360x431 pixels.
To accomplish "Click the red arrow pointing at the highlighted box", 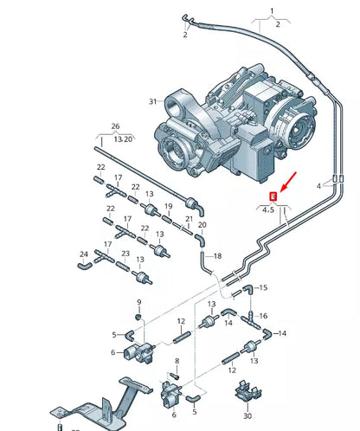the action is click(288, 181).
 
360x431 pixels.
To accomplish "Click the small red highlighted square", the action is click(273, 196).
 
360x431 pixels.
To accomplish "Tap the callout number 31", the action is click(153, 101).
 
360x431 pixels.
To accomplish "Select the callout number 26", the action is click(115, 126).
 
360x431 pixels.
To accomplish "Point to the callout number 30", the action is click(247, 415).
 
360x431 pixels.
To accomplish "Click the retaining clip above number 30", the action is click(248, 391).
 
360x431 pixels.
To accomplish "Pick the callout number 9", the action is click(139, 302).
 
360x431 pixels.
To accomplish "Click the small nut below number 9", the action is click(138, 317).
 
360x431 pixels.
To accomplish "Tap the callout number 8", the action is click(177, 361).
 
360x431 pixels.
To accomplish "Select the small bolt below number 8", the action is click(174, 376).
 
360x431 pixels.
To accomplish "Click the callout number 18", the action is click(217, 256).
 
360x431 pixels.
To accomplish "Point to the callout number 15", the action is click(263, 287).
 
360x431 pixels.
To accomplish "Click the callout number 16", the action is click(263, 316).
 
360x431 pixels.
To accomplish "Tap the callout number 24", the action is click(84, 254).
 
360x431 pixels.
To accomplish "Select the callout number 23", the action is click(125, 254).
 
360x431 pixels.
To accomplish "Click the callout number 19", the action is click(169, 206).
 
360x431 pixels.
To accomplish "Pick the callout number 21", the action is click(189, 219).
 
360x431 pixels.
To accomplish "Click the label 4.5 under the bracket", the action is click(268, 210).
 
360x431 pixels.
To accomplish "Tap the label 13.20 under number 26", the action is click(123, 139).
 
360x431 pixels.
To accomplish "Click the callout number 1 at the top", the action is click(272, 11).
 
